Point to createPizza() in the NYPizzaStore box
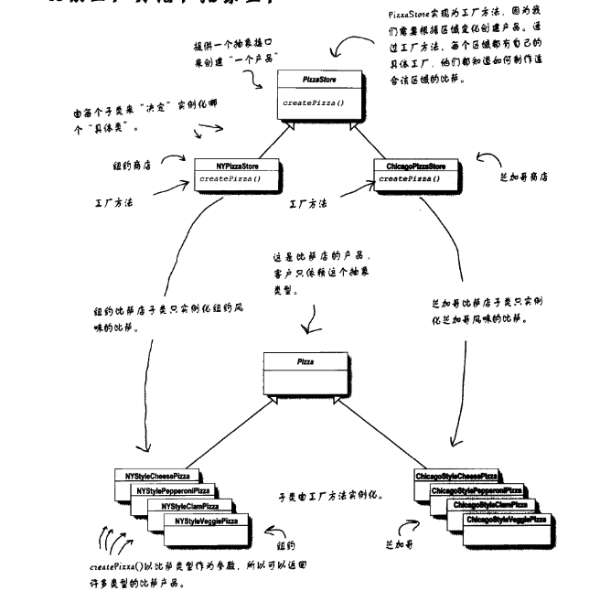230,179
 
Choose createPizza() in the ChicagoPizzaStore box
408,179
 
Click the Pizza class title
305,363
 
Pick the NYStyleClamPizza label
190,506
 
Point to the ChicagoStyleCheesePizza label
456,477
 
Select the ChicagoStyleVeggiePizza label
506,520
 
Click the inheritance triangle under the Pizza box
305,402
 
